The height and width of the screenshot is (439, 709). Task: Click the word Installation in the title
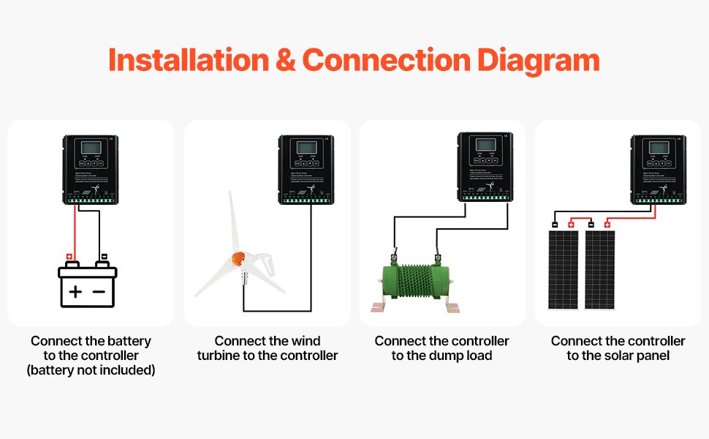tap(187, 60)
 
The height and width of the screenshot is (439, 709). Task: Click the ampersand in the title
tap(286, 60)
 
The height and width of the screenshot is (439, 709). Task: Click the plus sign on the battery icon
tap(75, 292)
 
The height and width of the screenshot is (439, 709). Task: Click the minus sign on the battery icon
tap(99, 292)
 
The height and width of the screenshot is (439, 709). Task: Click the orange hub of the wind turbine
tap(238, 258)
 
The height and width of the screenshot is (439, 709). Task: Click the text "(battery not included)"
tap(91, 370)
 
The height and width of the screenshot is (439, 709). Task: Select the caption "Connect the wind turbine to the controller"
tap(267, 348)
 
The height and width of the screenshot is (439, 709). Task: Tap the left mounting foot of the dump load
tap(380, 307)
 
